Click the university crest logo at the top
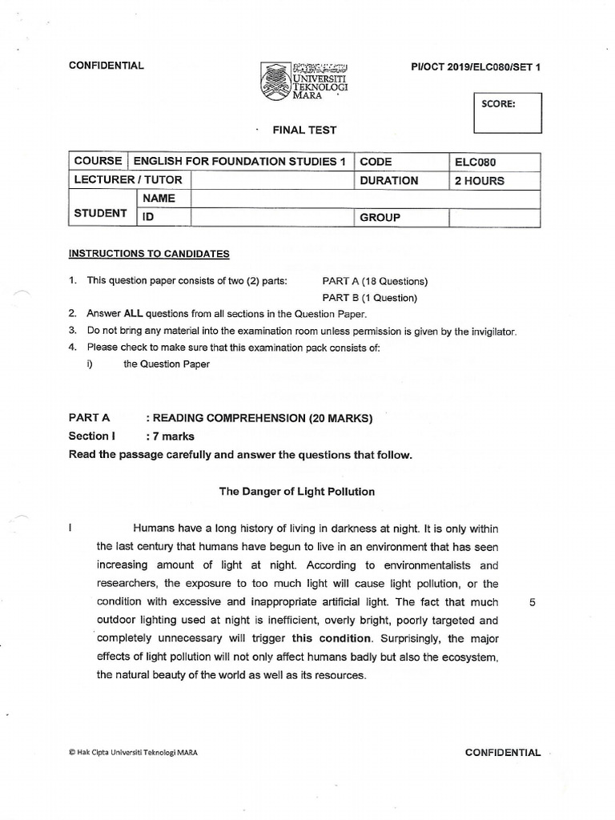275,81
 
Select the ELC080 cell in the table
494,161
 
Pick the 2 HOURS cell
494,180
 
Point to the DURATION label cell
401,180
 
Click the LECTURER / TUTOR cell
129,180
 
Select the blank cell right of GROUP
494,217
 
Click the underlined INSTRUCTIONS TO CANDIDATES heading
149,254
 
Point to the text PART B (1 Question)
369,298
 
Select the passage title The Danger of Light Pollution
297,492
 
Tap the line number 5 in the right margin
533,602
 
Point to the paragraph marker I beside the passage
71,529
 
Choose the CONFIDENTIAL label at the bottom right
502,753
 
